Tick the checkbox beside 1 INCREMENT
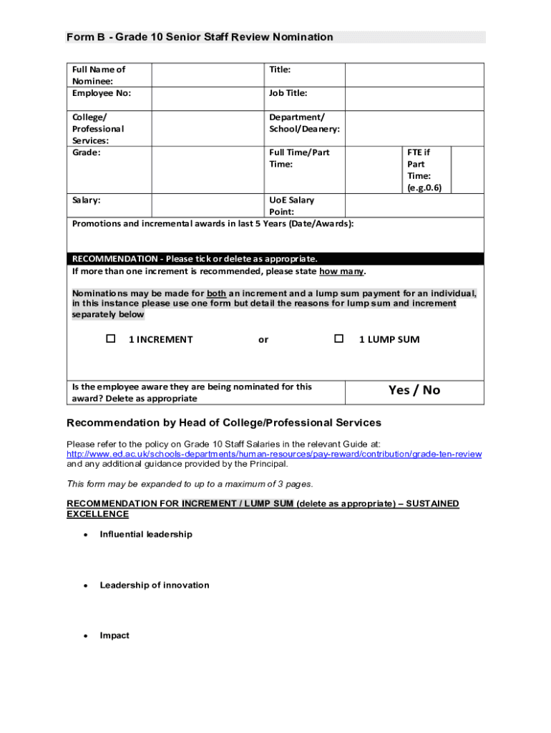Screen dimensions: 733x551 111,339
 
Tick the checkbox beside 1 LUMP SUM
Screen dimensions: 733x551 339,339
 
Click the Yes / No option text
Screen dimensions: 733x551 414,390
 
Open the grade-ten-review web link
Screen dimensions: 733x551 274,454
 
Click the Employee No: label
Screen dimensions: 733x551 102,93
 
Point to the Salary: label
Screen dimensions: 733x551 87,200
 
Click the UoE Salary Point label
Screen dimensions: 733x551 291,206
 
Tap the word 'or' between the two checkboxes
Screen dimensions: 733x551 263,339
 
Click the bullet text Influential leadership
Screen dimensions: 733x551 146,534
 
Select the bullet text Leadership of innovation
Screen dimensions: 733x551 155,585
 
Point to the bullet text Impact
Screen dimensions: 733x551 114,636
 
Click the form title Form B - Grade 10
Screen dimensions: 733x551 200,37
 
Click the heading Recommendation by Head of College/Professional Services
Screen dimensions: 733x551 224,422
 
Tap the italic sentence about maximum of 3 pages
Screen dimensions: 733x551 190,484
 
